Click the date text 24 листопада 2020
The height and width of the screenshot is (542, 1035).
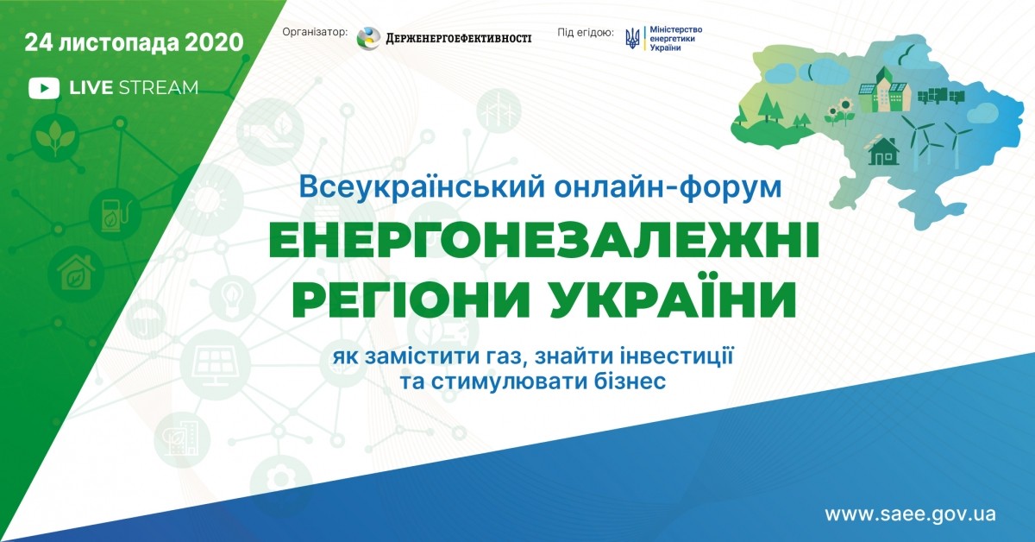coord(134,43)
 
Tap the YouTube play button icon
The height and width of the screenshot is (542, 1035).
coord(44,88)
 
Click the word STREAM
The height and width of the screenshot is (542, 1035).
coord(159,88)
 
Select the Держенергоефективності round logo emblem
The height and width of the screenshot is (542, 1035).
coord(369,38)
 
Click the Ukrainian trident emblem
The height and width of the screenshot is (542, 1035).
coord(632,38)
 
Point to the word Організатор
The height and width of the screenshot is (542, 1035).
coord(315,32)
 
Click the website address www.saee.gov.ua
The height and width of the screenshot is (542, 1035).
coord(910,514)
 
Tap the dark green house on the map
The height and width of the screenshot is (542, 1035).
coord(884,150)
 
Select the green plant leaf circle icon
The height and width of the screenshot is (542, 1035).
coord(55,137)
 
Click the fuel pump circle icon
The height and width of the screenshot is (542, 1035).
coord(114,215)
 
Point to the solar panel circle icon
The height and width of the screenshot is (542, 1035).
coord(216,363)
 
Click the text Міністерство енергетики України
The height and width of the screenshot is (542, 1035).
coord(676,38)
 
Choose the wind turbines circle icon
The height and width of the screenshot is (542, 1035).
coord(499,111)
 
